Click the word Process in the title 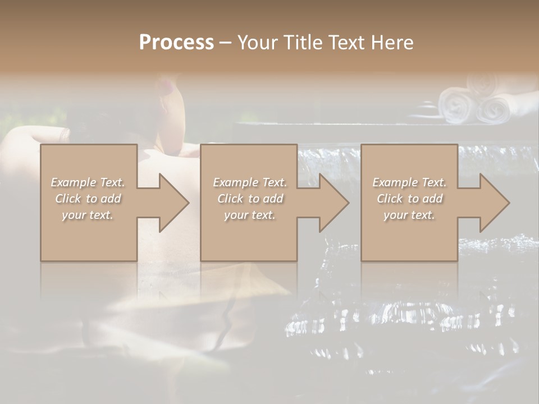tap(176, 43)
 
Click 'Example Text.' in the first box tap(88, 182)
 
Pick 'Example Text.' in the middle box tap(250, 182)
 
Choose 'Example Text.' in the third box tap(409, 182)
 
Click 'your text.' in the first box tap(88, 215)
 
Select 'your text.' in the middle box tap(250, 215)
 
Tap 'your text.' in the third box tap(409, 215)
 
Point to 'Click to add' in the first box tap(88, 199)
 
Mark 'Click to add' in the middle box tap(250, 199)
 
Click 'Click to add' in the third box tap(409, 199)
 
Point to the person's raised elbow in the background tap(22, 137)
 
